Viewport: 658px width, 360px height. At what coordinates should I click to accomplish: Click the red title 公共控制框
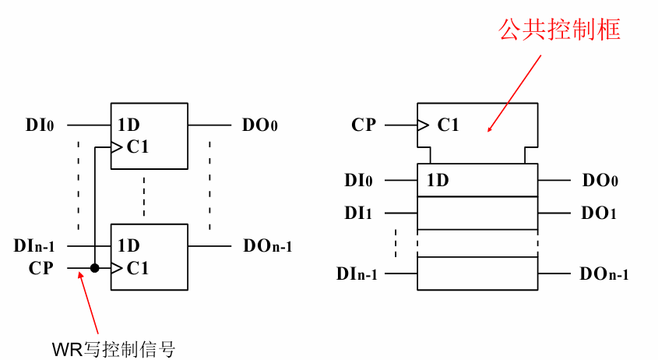[558, 30]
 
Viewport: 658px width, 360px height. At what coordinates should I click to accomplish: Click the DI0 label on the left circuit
[40, 125]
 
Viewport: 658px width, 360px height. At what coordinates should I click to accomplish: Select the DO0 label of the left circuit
[260, 125]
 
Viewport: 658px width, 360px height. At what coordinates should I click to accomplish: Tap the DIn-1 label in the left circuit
[35, 245]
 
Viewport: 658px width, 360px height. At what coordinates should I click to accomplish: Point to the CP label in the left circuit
[42, 268]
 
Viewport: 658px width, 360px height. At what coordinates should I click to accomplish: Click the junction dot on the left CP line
[94, 268]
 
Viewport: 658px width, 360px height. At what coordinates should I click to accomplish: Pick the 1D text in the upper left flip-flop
[129, 125]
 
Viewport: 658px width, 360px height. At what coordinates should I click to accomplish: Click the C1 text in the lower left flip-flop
[137, 268]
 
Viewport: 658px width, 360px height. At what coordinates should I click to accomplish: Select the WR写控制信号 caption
[114, 348]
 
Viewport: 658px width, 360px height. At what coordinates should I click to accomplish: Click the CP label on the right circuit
[364, 125]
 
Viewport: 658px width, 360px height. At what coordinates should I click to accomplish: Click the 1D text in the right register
[438, 181]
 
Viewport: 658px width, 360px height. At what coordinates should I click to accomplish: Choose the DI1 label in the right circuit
[358, 212]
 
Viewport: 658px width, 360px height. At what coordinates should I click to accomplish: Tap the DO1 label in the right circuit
[600, 212]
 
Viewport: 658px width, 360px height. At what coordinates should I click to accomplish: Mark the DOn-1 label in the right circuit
[604, 274]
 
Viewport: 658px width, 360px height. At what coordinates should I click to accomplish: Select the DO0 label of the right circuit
[600, 181]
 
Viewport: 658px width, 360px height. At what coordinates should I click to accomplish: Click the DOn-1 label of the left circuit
[267, 245]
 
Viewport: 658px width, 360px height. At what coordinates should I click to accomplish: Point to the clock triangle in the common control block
[424, 125]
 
